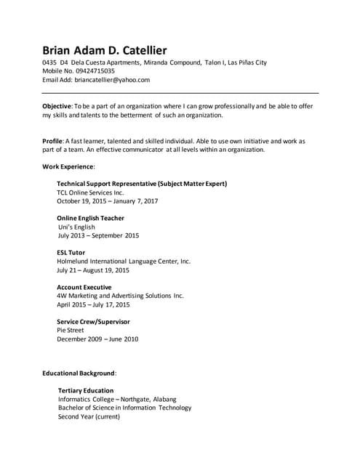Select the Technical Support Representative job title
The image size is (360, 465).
pyautogui.click(x=142, y=184)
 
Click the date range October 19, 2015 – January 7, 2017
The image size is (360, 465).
pyautogui.click(x=107, y=201)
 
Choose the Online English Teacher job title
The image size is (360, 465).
pyautogui.click(x=90, y=218)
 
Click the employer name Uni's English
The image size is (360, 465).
pyautogui.click(x=76, y=227)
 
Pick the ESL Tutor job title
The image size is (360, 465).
pyautogui.click(x=71, y=252)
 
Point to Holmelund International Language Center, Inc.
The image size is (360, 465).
pyautogui.click(x=124, y=261)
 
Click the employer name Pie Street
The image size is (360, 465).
pyautogui.click(x=71, y=330)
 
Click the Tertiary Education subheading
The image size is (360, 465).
pyautogui.click(x=86, y=390)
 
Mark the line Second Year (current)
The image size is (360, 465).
pyautogui.click(x=89, y=416)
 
